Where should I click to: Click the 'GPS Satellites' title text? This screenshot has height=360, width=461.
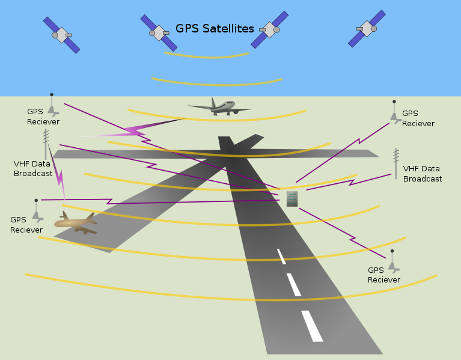click(x=215, y=28)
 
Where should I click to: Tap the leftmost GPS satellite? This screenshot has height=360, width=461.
click(x=61, y=35)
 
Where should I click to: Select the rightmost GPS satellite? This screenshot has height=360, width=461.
click(x=367, y=28)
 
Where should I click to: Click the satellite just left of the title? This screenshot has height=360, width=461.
click(x=159, y=33)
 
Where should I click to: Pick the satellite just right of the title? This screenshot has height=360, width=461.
click(x=270, y=29)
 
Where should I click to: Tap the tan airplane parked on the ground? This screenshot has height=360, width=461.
click(x=76, y=223)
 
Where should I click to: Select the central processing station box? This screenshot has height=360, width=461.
click(x=292, y=199)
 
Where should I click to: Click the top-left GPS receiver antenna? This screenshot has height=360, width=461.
click(x=53, y=105)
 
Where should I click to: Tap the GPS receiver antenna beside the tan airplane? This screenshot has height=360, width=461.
click(x=37, y=211)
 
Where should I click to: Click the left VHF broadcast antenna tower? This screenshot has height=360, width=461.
click(x=46, y=144)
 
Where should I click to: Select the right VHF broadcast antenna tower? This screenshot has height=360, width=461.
click(x=396, y=163)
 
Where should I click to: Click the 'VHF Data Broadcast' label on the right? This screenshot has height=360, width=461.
click(x=422, y=174)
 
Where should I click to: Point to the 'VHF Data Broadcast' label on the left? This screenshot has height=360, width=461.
click(x=33, y=169)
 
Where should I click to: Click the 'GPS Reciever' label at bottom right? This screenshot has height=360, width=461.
click(x=383, y=275)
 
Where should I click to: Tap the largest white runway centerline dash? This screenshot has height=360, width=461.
click(x=312, y=326)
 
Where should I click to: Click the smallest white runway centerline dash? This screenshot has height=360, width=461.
click(x=281, y=256)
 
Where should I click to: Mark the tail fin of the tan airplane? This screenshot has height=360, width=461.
click(x=66, y=216)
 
